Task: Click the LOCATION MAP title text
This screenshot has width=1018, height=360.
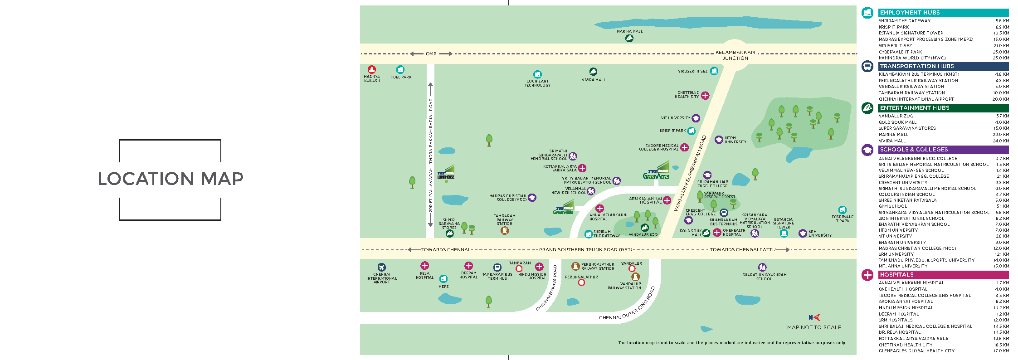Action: tap(170, 179)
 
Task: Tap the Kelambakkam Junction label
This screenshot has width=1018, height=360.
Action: tap(735, 55)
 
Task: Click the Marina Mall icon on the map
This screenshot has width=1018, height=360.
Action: tap(629, 39)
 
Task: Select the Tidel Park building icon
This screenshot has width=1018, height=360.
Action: tap(400, 69)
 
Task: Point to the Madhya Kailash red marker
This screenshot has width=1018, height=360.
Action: tap(372, 69)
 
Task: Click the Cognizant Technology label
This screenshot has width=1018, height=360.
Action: tap(537, 83)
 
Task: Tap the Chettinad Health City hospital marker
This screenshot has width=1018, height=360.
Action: tap(705, 95)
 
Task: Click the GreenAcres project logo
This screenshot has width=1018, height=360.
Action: tap(656, 172)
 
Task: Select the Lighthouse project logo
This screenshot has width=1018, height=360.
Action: tap(446, 173)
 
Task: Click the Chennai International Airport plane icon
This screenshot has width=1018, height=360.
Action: tap(381, 267)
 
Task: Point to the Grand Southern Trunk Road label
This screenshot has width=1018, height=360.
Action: tap(585, 250)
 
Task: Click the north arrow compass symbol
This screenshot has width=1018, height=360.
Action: tap(814, 317)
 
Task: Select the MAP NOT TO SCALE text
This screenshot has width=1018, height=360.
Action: tap(814, 327)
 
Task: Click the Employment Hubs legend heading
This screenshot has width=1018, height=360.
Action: tap(910, 13)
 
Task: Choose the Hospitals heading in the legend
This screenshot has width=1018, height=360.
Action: tap(896, 275)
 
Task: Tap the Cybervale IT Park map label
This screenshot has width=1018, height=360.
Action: tap(843, 219)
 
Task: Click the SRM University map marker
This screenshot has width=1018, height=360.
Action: tap(803, 234)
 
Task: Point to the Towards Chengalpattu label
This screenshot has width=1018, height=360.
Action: tap(743, 250)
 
